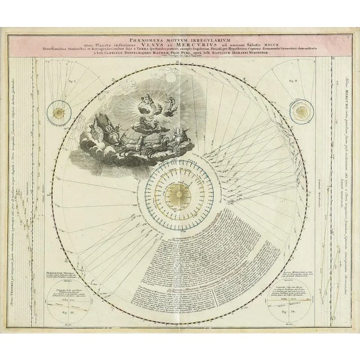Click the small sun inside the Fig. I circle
[x=57, y=111]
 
